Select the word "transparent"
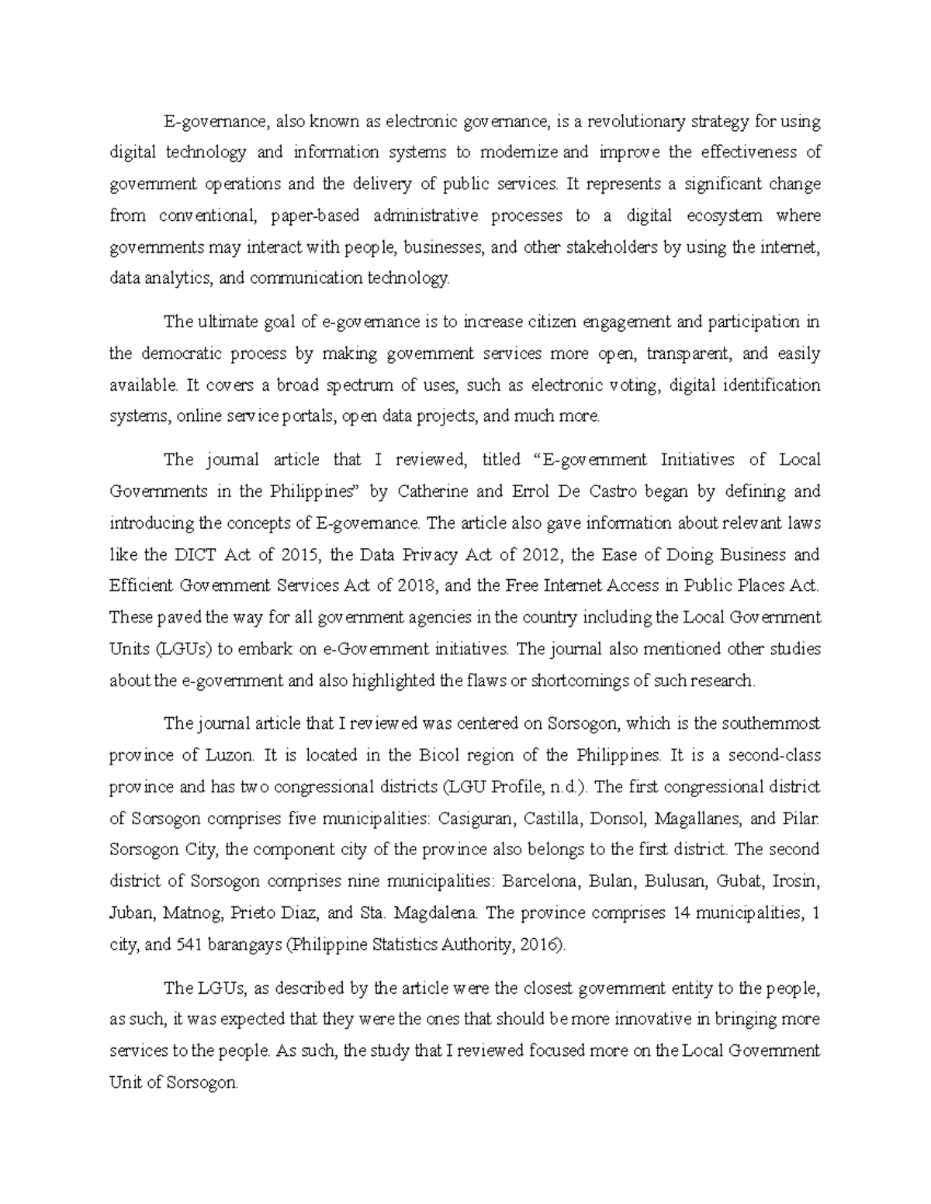[688, 354]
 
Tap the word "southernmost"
[771, 723]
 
